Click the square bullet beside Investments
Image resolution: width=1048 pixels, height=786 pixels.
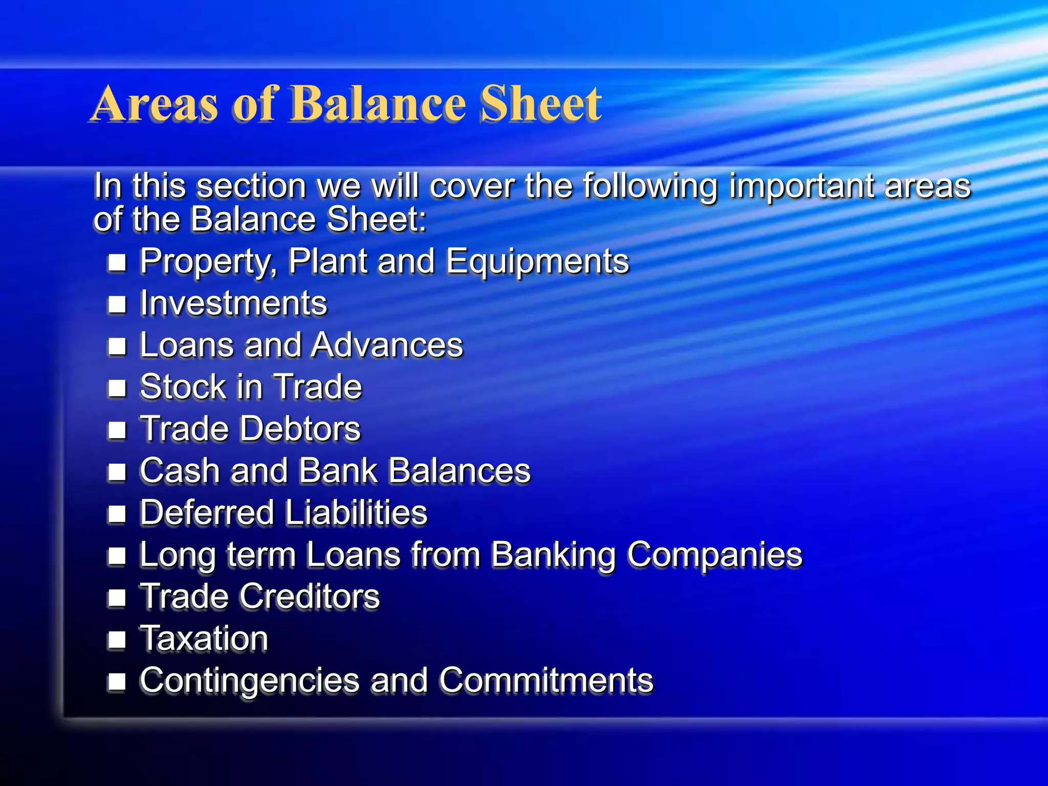[117, 304]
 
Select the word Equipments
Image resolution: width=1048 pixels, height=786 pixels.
[537, 262]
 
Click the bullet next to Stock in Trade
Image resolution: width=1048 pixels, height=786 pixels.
[117, 388]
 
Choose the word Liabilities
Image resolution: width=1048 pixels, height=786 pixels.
[356, 513]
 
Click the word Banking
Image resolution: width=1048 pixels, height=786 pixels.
[553, 556]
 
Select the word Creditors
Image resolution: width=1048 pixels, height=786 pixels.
[310, 597]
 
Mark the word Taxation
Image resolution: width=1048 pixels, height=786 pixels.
[204, 639]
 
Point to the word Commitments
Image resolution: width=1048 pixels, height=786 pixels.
[546, 681]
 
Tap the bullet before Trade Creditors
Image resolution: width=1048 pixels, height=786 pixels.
[117, 597]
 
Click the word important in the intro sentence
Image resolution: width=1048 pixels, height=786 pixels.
[801, 186]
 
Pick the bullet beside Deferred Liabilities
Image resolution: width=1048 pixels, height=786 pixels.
[117, 513]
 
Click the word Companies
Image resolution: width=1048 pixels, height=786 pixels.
[715, 556]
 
